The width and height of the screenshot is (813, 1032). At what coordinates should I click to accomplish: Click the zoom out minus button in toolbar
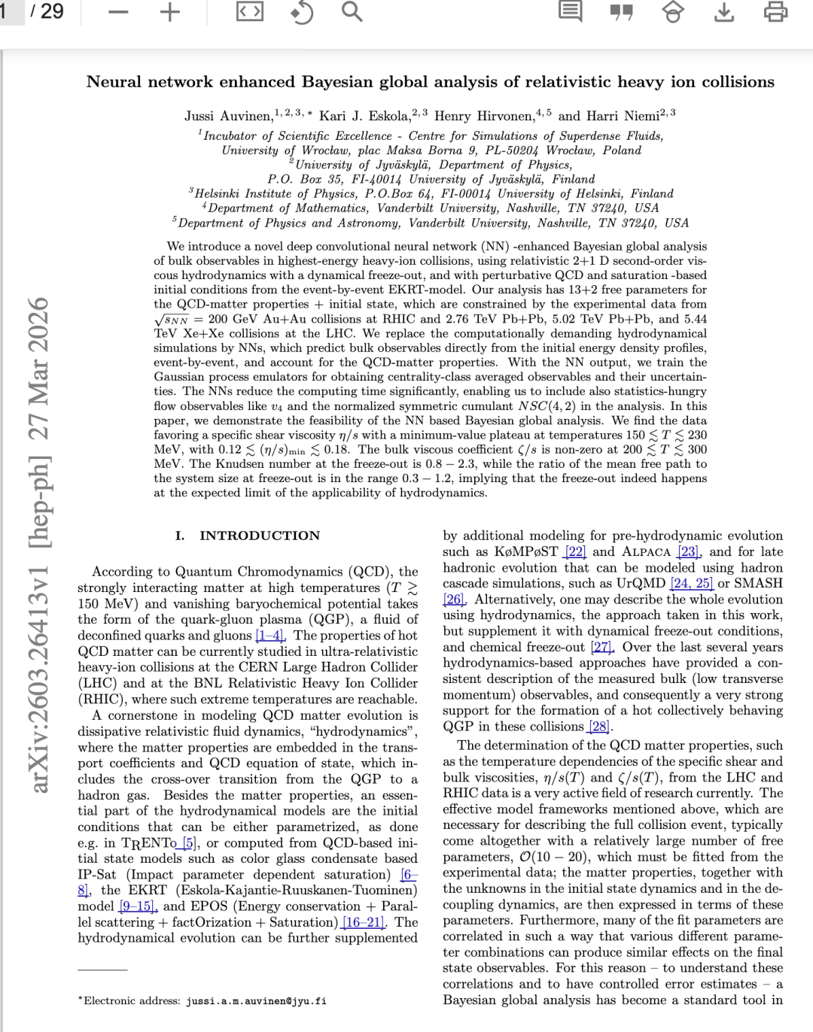click(x=119, y=12)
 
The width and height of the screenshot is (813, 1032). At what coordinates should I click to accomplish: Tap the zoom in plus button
click(x=171, y=12)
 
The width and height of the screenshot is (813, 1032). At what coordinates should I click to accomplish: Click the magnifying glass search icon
click(x=352, y=12)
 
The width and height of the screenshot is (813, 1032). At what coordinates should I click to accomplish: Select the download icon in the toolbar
click(x=723, y=12)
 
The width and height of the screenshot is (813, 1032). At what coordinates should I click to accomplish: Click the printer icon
click(x=775, y=12)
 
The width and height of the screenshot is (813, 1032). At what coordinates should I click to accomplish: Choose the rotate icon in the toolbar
click(x=301, y=12)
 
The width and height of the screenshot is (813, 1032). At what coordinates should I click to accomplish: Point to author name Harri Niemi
click(x=623, y=116)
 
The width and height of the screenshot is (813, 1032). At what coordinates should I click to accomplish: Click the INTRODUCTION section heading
click(x=259, y=536)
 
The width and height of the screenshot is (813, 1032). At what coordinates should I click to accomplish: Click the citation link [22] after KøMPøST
click(x=575, y=551)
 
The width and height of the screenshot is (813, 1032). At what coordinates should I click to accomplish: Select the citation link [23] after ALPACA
click(x=687, y=551)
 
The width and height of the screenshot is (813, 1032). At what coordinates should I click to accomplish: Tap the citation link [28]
click(x=600, y=727)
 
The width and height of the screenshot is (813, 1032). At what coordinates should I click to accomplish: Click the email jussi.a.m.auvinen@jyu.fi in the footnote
click(x=256, y=1001)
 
